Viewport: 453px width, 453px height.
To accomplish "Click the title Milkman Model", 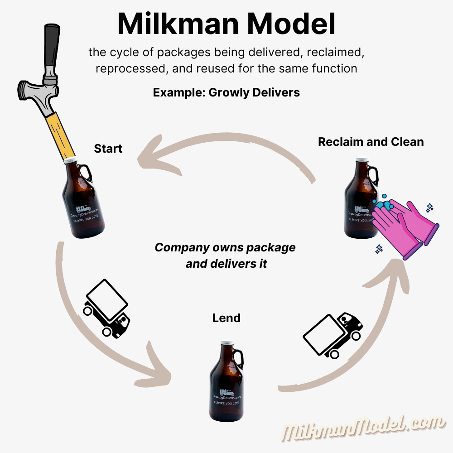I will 226,24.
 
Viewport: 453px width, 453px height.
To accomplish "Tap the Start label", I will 108,149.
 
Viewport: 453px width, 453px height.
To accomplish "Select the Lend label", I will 226,318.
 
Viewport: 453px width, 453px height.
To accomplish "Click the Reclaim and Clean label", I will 371,142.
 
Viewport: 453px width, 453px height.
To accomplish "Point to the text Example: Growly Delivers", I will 226,93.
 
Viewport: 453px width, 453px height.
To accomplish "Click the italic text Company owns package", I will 225,248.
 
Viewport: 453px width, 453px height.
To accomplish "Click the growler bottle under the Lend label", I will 226,385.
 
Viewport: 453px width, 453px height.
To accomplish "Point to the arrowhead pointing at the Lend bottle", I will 159,367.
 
